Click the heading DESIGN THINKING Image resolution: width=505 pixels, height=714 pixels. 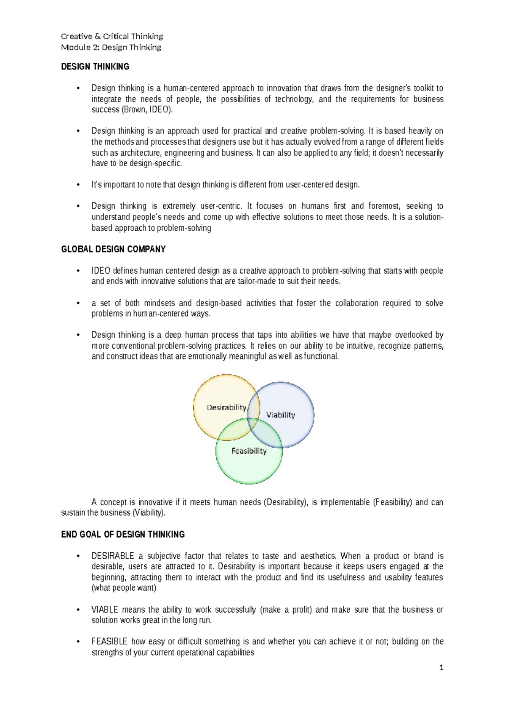[95, 67]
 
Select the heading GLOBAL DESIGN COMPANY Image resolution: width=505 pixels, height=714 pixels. [113, 249]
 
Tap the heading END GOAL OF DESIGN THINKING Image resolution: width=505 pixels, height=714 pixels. [123, 534]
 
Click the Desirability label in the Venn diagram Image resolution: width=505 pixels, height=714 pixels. [226, 407]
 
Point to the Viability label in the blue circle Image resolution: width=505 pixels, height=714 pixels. [281, 415]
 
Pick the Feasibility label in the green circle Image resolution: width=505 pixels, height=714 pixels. [249, 451]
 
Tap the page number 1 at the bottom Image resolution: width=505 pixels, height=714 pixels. [441, 668]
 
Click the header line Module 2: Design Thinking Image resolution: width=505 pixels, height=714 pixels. [111, 47]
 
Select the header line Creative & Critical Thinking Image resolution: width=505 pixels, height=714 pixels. [112, 36]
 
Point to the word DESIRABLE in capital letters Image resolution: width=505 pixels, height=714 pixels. [113, 556]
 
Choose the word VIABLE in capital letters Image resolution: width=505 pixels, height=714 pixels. [105, 610]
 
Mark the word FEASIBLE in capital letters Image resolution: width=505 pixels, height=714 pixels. [109, 642]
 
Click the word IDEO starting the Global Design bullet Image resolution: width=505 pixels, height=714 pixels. [101, 271]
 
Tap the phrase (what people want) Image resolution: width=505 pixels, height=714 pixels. [124, 588]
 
